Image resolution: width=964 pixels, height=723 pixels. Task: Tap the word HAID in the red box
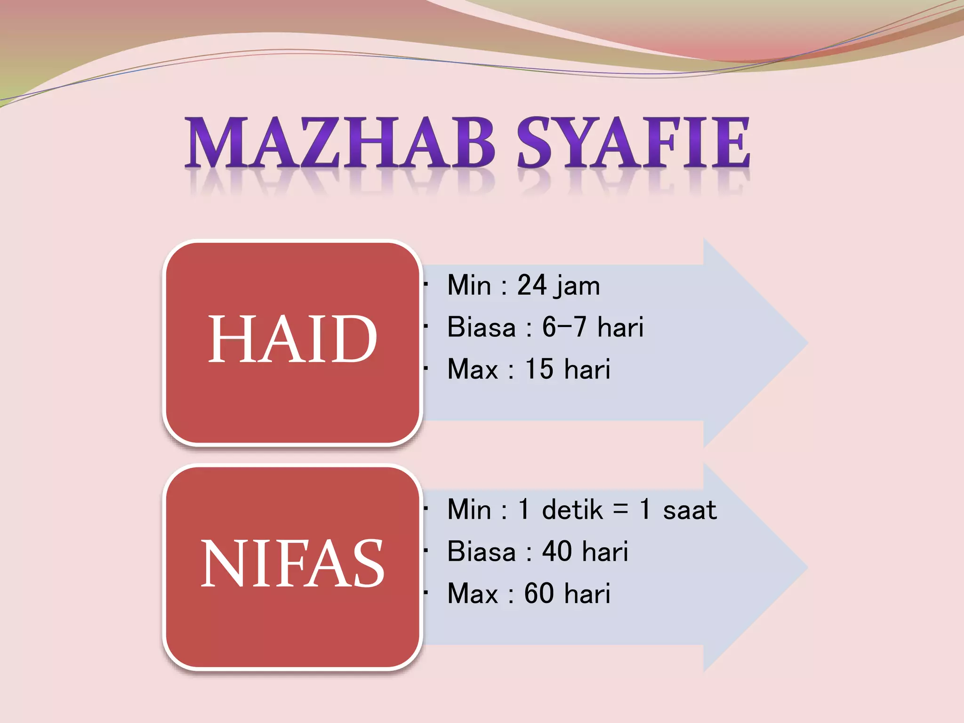tap(292, 339)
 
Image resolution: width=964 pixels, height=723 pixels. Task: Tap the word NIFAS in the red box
tap(292, 564)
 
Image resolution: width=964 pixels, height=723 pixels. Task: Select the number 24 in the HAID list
tap(532, 285)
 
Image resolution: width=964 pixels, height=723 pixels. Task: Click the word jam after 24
tap(578, 286)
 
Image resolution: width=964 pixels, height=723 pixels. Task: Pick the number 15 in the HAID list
tap(539, 369)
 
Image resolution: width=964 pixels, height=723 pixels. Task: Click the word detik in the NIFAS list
tap(572, 510)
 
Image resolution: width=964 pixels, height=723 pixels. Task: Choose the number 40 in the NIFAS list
tap(557, 551)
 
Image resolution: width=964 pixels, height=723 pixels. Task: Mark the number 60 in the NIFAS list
tap(539, 593)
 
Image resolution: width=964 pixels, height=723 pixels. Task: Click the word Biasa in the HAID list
tap(481, 327)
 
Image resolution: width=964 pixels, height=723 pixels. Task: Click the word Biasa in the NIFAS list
tap(481, 551)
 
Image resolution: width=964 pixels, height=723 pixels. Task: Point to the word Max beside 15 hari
tap(472, 369)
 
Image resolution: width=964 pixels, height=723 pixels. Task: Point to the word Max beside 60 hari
tap(472, 593)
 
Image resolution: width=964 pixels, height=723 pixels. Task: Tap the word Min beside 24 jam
tap(469, 285)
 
